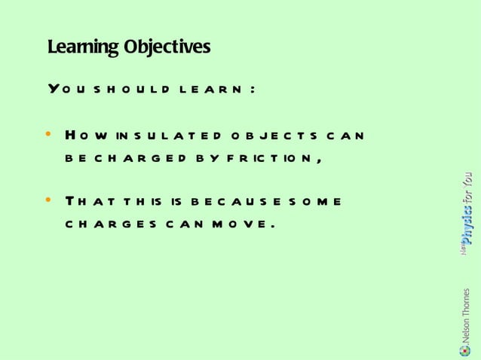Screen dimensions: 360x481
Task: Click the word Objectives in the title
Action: pos(167,47)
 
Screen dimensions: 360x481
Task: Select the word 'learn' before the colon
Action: pos(209,89)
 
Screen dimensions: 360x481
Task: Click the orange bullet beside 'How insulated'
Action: pos(49,136)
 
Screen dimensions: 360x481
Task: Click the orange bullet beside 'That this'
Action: pos(49,201)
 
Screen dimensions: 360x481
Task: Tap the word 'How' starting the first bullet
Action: pos(83,136)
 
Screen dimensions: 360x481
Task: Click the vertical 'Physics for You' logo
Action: pos(468,212)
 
